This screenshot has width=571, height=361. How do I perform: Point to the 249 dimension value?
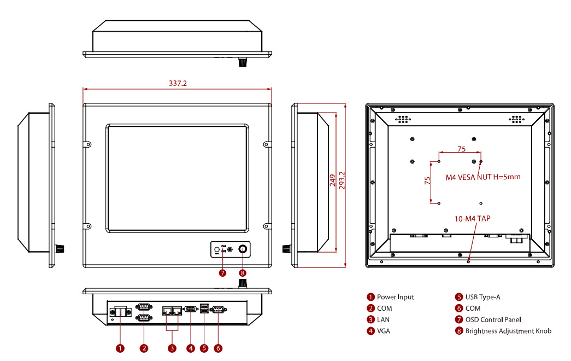pyautogui.click(x=332, y=181)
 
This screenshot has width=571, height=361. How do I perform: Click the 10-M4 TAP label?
pyautogui.click(x=473, y=218)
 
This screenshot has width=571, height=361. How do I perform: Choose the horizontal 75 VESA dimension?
pyautogui.click(x=461, y=149)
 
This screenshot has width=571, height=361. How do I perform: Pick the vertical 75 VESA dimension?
pyautogui.click(x=428, y=182)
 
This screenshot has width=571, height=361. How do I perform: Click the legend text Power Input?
pyautogui.click(x=395, y=297)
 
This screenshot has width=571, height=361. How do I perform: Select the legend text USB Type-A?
pyautogui.click(x=482, y=297)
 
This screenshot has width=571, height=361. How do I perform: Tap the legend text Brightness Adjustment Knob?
pyautogui.click(x=508, y=331)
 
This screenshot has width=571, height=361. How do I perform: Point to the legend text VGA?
pyautogui.click(x=384, y=331)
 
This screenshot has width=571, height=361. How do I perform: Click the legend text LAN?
pyautogui.click(x=384, y=319)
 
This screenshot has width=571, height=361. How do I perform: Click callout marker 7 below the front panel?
pyautogui.click(x=222, y=272)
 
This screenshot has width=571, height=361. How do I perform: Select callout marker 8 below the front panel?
pyautogui.click(x=243, y=272)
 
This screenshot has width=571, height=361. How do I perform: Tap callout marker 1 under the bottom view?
pyautogui.click(x=120, y=348)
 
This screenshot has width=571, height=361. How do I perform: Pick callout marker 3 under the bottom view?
pyautogui.click(x=172, y=348)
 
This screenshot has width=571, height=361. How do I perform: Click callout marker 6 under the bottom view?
pyautogui.click(x=218, y=348)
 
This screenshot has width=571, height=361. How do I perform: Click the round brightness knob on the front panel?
pyautogui.click(x=243, y=249)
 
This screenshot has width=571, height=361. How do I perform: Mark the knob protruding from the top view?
pyautogui.click(x=242, y=63)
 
